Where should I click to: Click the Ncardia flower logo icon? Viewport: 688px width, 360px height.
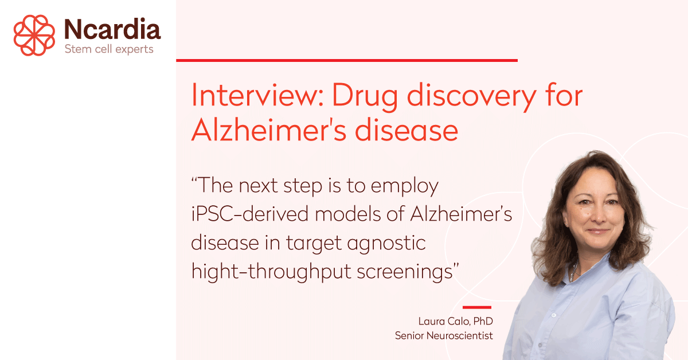[x=34, y=35]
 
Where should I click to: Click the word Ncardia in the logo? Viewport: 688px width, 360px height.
[x=112, y=29]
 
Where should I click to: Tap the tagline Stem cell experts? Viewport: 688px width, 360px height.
[x=109, y=49]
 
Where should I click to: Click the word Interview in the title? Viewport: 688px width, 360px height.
[x=257, y=95]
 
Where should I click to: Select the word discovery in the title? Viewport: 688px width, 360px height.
[x=472, y=97]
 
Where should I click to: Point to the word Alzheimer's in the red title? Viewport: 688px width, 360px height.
[x=269, y=130]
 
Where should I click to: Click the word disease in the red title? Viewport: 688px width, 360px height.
[x=406, y=130]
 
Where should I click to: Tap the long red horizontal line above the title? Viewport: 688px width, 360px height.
[x=347, y=61]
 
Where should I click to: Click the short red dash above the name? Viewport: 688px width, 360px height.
[x=477, y=307]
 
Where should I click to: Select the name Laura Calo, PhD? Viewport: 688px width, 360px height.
[x=455, y=321]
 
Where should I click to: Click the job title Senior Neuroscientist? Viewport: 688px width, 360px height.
[x=444, y=335]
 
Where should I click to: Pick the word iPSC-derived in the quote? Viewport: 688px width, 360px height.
[x=250, y=214]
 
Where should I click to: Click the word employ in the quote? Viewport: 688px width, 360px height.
[x=405, y=186]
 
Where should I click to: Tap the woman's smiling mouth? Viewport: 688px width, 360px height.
[x=597, y=230]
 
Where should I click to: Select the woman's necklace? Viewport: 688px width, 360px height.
[x=573, y=271]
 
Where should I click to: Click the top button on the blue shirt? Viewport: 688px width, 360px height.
[x=553, y=315]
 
